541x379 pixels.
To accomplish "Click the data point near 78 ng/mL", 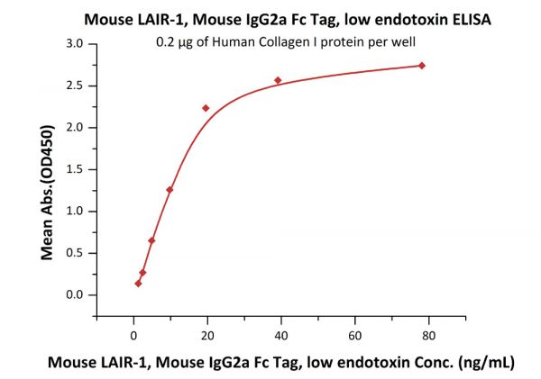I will [422, 66].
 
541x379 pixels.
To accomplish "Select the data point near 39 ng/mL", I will [278, 80].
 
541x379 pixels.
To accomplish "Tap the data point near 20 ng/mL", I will [206, 108].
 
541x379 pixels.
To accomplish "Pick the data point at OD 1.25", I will [170, 190].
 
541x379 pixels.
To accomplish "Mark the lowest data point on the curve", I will [138, 284].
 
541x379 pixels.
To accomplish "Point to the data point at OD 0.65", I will [151, 240].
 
